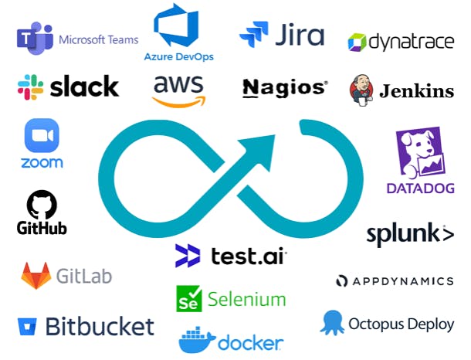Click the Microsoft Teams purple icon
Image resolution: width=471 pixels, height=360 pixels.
(x=35, y=38)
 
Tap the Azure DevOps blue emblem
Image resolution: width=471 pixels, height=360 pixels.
(x=176, y=25)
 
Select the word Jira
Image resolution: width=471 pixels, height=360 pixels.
(x=300, y=35)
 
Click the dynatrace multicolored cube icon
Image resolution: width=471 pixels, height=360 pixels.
(x=357, y=42)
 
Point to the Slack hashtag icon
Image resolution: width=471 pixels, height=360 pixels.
(x=30, y=87)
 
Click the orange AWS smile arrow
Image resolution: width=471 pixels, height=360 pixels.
(x=179, y=101)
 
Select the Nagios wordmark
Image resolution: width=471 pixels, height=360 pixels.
(x=285, y=88)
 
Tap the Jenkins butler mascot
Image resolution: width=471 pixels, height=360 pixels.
(x=361, y=90)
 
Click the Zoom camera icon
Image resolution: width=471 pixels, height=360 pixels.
(x=42, y=135)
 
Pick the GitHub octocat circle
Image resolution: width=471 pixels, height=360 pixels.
(x=42, y=205)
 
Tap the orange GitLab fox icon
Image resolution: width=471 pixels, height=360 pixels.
(x=36, y=276)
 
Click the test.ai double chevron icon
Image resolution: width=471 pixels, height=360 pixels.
(x=188, y=256)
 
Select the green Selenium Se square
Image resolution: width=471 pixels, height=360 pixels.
(x=188, y=298)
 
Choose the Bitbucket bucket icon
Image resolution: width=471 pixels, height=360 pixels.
(x=27, y=327)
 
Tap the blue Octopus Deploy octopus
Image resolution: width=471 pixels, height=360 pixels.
(x=333, y=323)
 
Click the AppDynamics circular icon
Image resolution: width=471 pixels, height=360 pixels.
(x=341, y=281)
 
